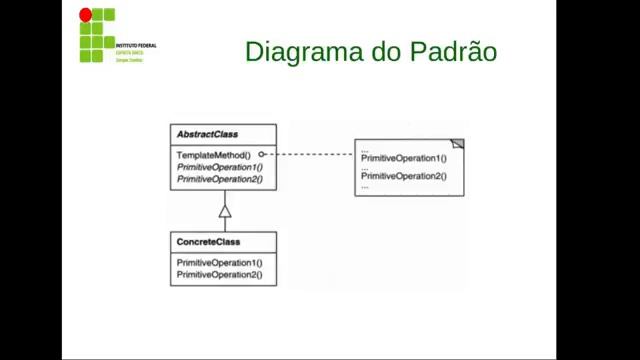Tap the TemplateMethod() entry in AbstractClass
click(213, 155)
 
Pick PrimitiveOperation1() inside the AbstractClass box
click(219, 167)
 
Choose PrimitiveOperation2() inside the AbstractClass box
click(219, 179)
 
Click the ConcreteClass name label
click(208, 243)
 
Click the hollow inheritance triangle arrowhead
click(225, 211)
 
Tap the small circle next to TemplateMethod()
click(261, 155)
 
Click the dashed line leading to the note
click(310, 155)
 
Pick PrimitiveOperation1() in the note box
click(404, 158)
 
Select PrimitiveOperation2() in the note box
click(404, 176)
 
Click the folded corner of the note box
click(458, 143)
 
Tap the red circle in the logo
click(85, 15)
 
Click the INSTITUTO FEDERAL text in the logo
click(136, 46)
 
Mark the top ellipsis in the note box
click(365, 150)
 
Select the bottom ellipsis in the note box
click(365, 186)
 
